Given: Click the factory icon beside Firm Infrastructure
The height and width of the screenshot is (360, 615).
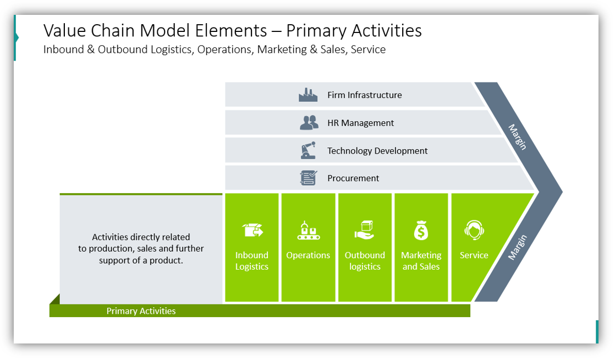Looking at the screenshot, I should pos(308,95).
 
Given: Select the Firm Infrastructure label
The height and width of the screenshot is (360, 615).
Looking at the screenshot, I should pos(364,95).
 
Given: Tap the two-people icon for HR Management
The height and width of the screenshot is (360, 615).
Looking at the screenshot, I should pos(309,123).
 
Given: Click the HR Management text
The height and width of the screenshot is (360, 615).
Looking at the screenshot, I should pos(360,123).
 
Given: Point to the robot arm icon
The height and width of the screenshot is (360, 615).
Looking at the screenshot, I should pos(308,150).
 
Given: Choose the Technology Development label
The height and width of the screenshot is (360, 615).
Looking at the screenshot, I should pos(377,151).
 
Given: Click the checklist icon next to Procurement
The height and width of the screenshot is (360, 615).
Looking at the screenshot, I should pos(308,178).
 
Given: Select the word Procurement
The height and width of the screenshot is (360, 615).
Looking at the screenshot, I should pos(353,178).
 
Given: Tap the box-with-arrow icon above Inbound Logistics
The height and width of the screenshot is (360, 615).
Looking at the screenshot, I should pos(252,230).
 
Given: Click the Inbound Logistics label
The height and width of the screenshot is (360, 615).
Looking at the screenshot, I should pos(252,261).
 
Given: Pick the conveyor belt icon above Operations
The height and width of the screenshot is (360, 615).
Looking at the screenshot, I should pos(308,230).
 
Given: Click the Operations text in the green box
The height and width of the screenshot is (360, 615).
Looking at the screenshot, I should pos(308,255).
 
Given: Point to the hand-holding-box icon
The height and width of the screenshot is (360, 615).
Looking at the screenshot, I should pos(364,230).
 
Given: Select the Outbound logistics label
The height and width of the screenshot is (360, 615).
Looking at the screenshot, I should pos(365,261).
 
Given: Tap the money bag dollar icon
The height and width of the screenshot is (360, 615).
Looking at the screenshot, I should pos(421,230).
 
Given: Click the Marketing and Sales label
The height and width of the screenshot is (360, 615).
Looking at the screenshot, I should pos(421,261).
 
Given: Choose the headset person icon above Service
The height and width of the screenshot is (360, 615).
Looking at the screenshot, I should pos(474,230).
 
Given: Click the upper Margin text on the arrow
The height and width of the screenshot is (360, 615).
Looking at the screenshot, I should pos(517,137).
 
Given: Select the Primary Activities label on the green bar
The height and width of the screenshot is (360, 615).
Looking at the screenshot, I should pos(141,311).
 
